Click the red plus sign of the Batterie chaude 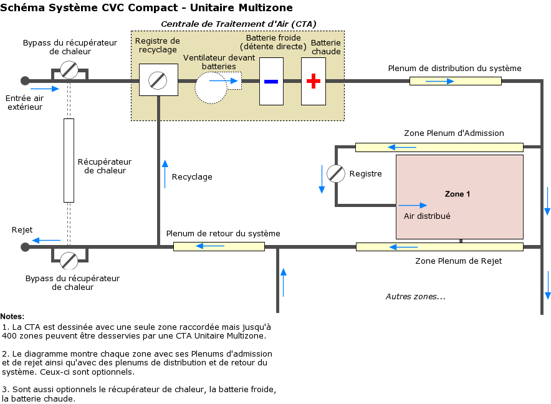[314, 81]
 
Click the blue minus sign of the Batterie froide [271, 81]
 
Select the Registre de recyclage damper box [158, 80]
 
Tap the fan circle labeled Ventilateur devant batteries [211, 87]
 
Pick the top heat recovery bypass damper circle [69, 70]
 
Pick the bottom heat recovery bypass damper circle [69, 260]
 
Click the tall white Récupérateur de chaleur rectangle [69, 160]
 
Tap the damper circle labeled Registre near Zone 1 [336, 174]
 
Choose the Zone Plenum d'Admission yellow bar [439, 147]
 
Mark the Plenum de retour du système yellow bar [219, 246]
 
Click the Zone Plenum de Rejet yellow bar [439, 247]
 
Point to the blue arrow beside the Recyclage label [165, 173]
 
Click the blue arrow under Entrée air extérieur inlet [48, 89]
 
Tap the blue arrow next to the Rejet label [47, 240]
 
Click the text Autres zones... [415, 296]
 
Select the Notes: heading [12, 317]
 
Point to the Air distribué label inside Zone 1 [427, 216]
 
